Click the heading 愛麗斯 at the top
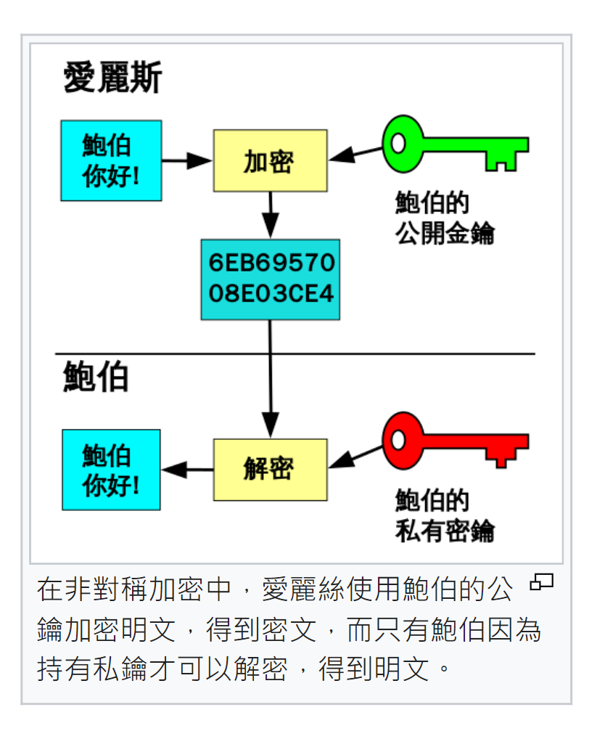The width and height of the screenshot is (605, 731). click(112, 78)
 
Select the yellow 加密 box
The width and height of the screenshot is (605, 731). click(270, 160)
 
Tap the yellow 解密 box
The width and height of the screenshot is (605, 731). click(270, 470)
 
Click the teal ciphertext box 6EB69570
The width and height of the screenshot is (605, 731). click(271, 279)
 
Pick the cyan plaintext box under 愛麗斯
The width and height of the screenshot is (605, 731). click(111, 160)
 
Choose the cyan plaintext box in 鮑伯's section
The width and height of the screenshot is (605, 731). click(111, 470)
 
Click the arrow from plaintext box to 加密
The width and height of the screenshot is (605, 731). click(186, 160)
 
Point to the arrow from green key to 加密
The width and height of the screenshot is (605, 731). click(355, 153)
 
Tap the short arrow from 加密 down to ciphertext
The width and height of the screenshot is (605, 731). click(270, 215)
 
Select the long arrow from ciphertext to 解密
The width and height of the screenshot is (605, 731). click(270, 377)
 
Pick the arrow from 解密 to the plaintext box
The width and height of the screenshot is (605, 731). click(186, 470)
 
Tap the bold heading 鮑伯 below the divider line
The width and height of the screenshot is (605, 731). click(96, 377)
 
